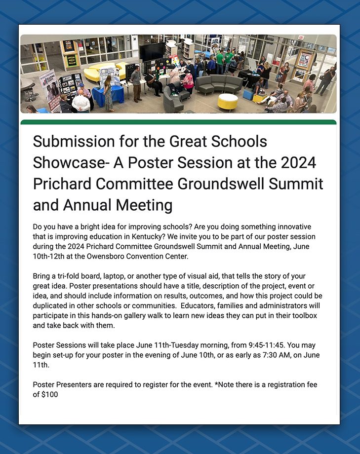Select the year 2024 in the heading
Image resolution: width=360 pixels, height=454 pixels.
295,163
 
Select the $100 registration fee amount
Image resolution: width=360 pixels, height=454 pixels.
49,395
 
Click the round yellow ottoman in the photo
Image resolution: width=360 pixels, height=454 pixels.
227,101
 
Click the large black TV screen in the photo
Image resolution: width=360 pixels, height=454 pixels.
152,51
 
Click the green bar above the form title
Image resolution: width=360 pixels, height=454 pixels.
178,122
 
